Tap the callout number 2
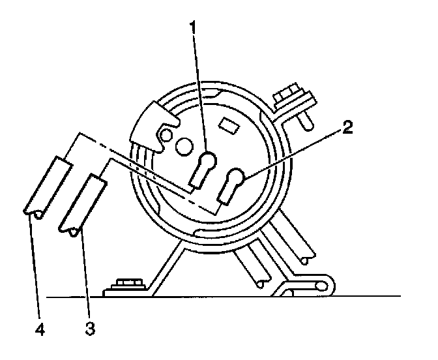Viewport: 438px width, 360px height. [348, 128]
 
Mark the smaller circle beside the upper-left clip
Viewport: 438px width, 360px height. [164, 136]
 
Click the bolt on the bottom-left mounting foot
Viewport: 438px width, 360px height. [128, 285]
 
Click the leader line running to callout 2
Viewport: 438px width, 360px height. [293, 149]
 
